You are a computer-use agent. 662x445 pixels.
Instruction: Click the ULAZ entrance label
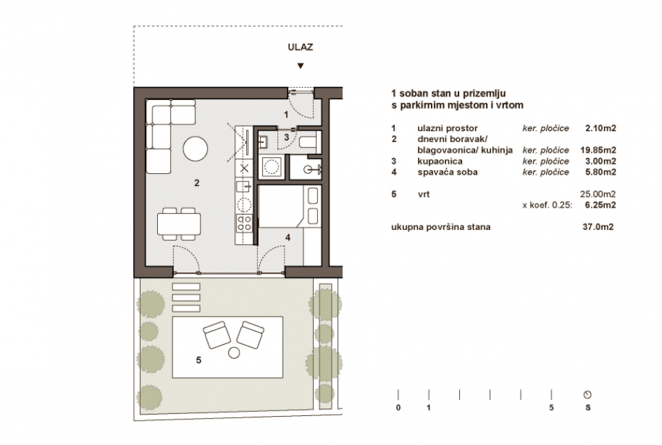click(300, 48)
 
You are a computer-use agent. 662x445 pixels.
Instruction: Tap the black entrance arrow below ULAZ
click(300, 66)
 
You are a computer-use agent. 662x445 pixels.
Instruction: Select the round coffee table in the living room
click(194, 147)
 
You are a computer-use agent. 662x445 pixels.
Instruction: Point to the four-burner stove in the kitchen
click(245, 222)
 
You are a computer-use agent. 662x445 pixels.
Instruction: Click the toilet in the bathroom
click(308, 143)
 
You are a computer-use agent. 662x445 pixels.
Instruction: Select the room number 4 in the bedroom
click(288, 237)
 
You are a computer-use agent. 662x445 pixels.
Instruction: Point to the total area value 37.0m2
click(599, 227)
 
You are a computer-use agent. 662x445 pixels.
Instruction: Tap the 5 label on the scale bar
click(550, 408)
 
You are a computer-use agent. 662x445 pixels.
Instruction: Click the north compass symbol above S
click(588, 395)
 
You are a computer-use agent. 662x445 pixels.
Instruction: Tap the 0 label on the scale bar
click(399, 408)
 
